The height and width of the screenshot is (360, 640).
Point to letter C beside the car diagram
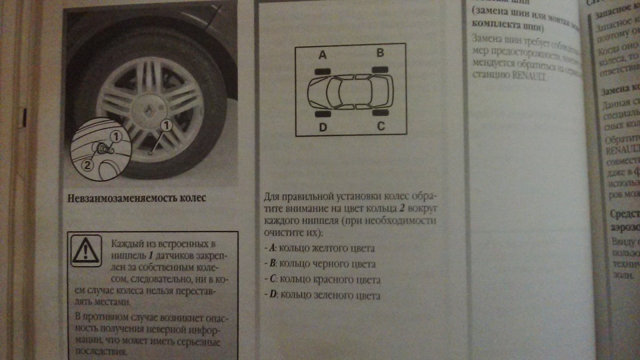[x=381, y=125]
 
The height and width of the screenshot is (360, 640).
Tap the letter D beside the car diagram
[x=322, y=126]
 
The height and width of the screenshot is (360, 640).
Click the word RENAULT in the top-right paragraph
[x=527, y=77]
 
